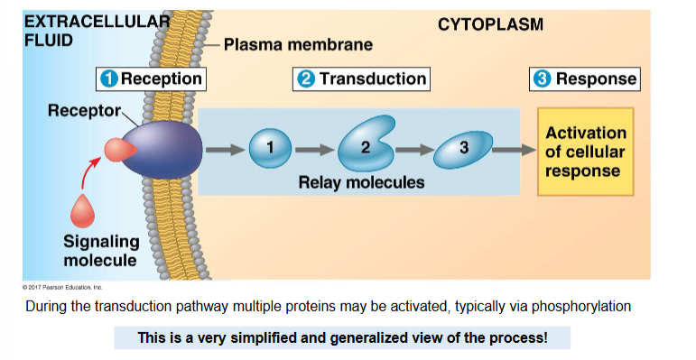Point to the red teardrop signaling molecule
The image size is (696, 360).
click(x=83, y=213)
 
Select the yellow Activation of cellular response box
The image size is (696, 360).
click(x=585, y=152)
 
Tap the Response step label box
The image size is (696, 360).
click(x=585, y=78)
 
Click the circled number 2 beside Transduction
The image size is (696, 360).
click(x=306, y=79)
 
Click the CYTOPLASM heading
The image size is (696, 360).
click(x=491, y=24)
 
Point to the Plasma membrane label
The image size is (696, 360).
click(x=298, y=43)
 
